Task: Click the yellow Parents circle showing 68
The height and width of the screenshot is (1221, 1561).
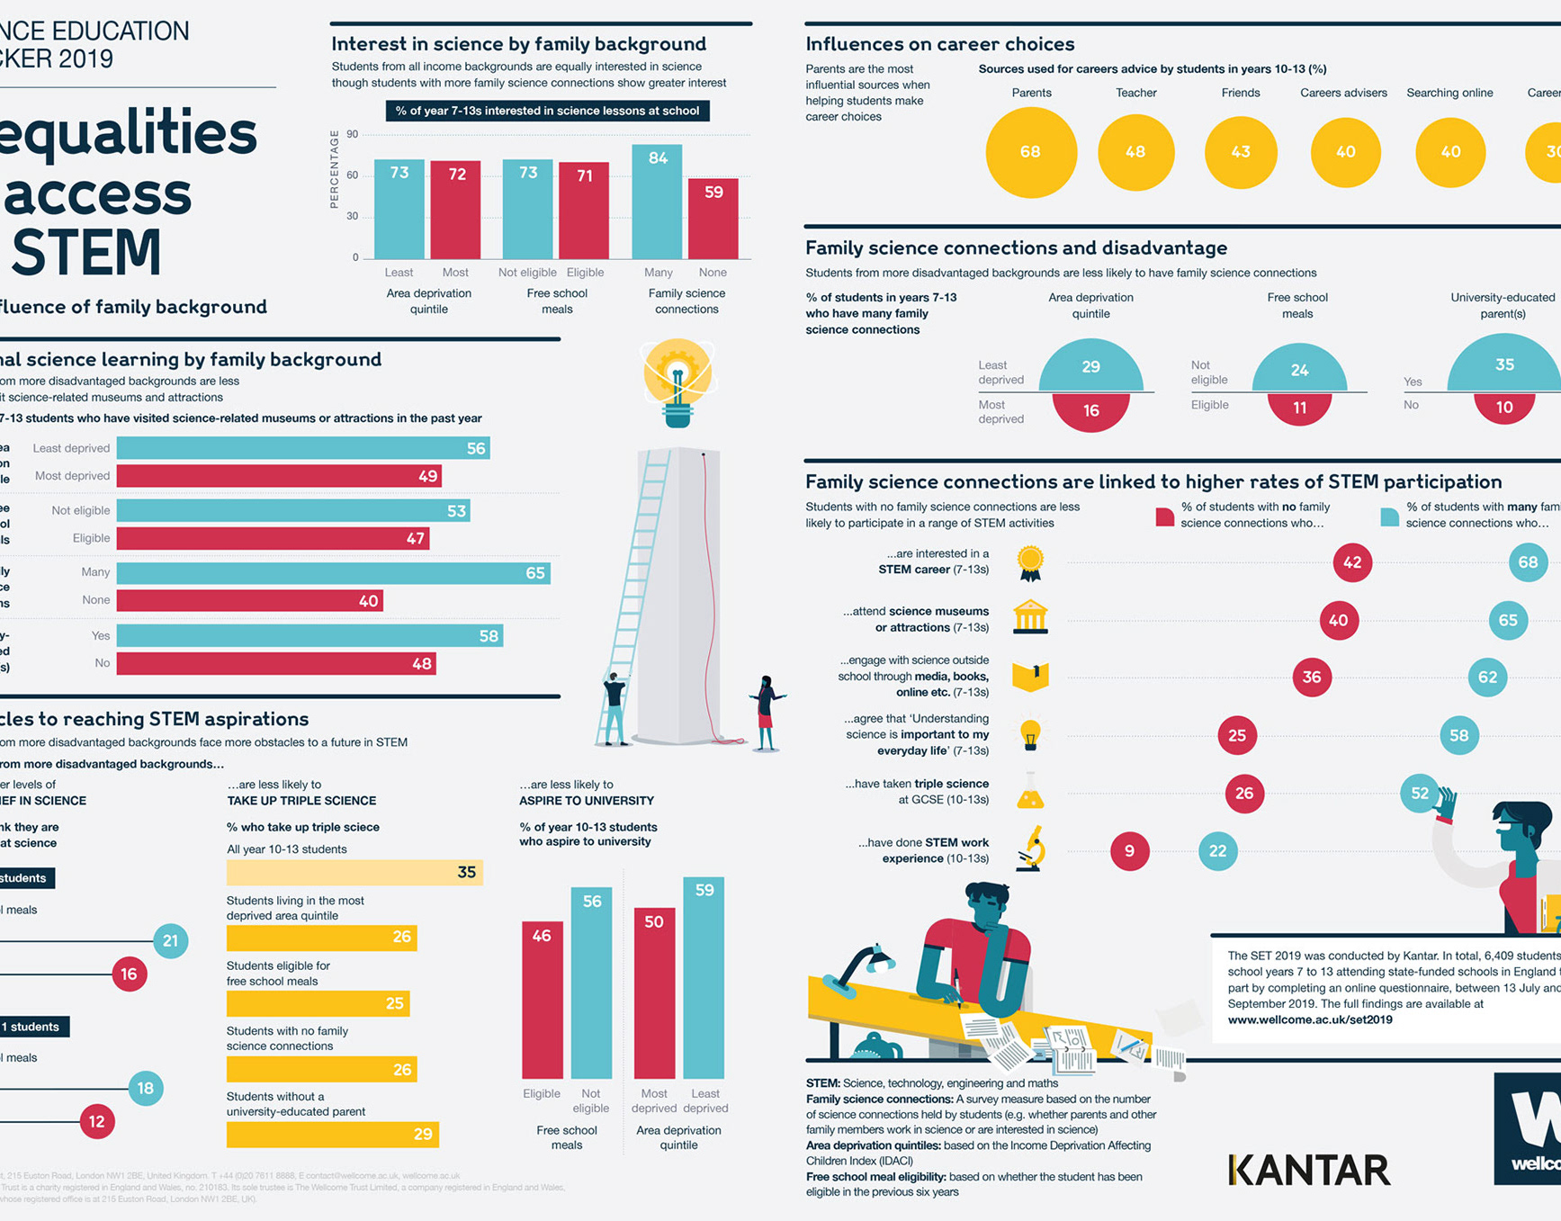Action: (x=1030, y=152)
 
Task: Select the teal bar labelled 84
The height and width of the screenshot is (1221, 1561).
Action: (x=658, y=202)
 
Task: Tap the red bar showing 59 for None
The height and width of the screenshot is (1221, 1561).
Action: (x=713, y=219)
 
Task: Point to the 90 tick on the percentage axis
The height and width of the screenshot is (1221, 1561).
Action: (x=353, y=135)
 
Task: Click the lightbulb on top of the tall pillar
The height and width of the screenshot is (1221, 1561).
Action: (x=677, y=378)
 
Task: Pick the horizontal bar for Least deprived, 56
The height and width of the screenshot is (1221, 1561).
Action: (x=303, y=448)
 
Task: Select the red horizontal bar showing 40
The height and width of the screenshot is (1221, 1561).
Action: (x=249, y=601)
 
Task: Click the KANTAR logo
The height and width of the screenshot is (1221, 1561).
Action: (x=1309, y=1171)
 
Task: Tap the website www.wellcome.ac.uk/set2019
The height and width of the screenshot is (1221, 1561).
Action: (x=1310, y=1020)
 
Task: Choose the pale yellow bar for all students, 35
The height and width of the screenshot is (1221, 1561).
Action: (x=354, y=873)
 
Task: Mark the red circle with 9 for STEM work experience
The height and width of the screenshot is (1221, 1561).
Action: (x=1129, y=851)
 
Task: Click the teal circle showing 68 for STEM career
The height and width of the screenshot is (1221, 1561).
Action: (x=1528, y=563)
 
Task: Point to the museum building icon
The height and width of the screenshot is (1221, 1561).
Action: (x=1030, y=617)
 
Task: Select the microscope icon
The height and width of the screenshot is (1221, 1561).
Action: (x=1031, y=849)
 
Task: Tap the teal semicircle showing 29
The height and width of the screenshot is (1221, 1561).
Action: (x=1090, y=367)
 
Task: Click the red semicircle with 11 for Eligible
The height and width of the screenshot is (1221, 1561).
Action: (x=1299, y=408)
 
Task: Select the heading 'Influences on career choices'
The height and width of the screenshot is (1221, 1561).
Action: (x=940, y=44)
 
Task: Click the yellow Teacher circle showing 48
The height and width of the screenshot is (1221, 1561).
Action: (x=1135, y=152)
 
